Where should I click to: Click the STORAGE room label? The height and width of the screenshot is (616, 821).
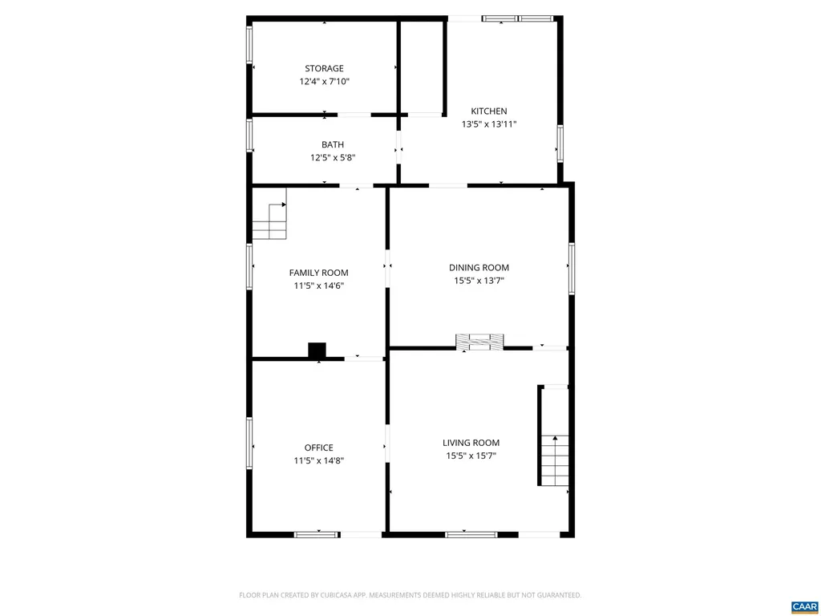[x=324, y=69]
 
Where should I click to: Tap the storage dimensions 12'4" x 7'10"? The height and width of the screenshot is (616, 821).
[x=324, y=82]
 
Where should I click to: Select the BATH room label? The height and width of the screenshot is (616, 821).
[x=333, y=144]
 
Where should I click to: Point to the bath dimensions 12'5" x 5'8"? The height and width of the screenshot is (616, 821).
[x=333, y=158]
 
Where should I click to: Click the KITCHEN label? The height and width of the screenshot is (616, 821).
[x=488, y=111]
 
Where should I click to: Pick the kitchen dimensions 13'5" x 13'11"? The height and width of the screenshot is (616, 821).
[x=488, y=124]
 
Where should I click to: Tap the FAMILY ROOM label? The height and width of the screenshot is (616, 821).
[x=318, y=273]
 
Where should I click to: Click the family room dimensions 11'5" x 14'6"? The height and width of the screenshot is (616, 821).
[x=318, y=286]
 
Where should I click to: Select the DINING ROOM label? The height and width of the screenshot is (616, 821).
[x=479, y=268]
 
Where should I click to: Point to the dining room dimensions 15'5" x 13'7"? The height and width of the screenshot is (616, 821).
[x=479, y=281]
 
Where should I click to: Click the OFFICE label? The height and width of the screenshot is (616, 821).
[x=318, y=448]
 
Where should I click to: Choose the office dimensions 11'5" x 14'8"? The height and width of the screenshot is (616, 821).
[x=318, y=460]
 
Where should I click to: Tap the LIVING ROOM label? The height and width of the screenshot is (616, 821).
[x=471, y=443]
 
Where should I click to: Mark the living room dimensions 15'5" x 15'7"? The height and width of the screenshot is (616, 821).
[x=471, y=456]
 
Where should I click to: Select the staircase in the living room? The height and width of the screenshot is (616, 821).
[x=555, y=459]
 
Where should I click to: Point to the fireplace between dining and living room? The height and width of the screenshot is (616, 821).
[x=480, y=342]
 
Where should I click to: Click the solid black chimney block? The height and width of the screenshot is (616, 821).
[x=317, y=351]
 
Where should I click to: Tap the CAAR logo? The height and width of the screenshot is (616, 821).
[x=803, y=606]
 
